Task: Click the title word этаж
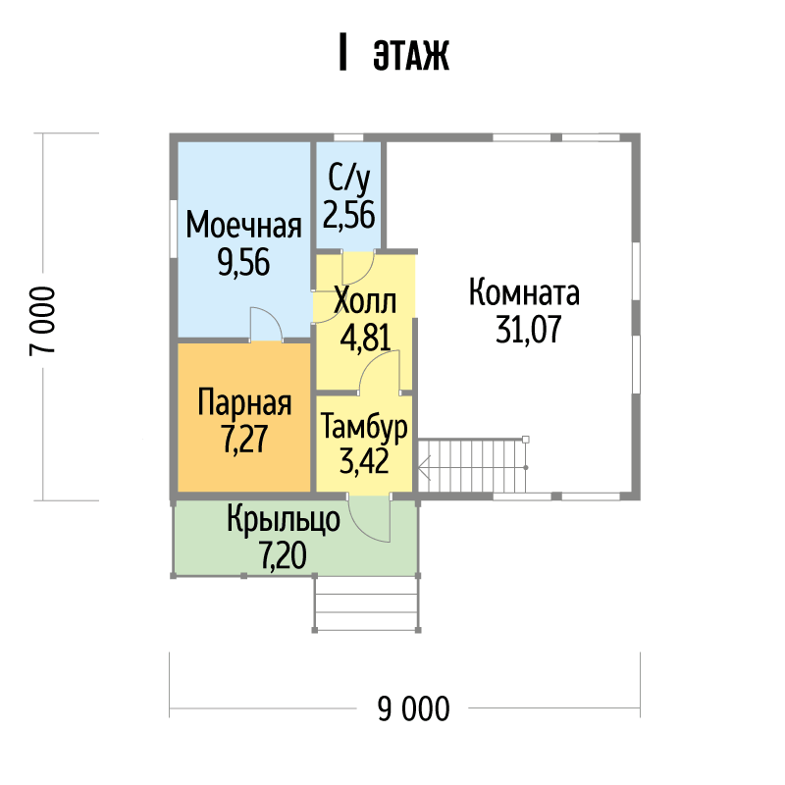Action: pyautogui.click(x=411, y=54)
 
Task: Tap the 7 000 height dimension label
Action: pyautogui.click(x=42, y=321)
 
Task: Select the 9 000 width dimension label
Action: pyautogui.click(x=413, y=708)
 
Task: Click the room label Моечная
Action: pyautogui.click(x=243, y=226)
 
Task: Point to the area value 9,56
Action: pyautogui.click(x=243, y=262)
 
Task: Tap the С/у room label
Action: pyautogui.click(x=349, y=180)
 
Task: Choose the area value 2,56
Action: pyautogui.click(x=349, y=215)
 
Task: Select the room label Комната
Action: pyautogui.click(x=524, y=292)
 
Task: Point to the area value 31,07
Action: pyautogui.click(x=529, y=330)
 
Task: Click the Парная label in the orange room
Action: pyautogui.click(x=244, y=402)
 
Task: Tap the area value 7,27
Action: pyautogui.click(x=244, y=439)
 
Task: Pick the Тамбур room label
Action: pyautogui.click(x=364, y=427)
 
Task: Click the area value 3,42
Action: pyautogui.click(x=364, y=461)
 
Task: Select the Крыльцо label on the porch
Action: pyautogui.click(x=284, y=520)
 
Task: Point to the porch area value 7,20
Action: pyautogui.click(x=284, y=555)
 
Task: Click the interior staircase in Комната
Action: pyautogui.click(x=473, y=466)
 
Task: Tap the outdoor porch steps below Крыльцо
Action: pyautogui.click(x=366, y=603)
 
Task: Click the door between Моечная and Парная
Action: pyautogui.click(x=266, y=325)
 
